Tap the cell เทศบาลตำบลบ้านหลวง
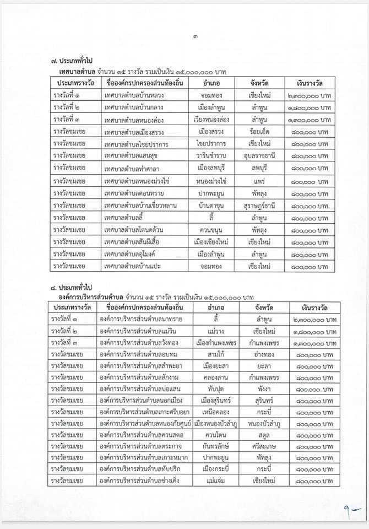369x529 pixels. [134, 95]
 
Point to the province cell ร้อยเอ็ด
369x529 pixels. [258, 132]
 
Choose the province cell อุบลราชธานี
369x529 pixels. [258, 156]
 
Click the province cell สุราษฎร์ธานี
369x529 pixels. [258, 206]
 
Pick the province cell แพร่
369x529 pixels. [258, 181]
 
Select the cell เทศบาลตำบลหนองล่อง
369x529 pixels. [134, 120]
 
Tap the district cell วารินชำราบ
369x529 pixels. [211, 156]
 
